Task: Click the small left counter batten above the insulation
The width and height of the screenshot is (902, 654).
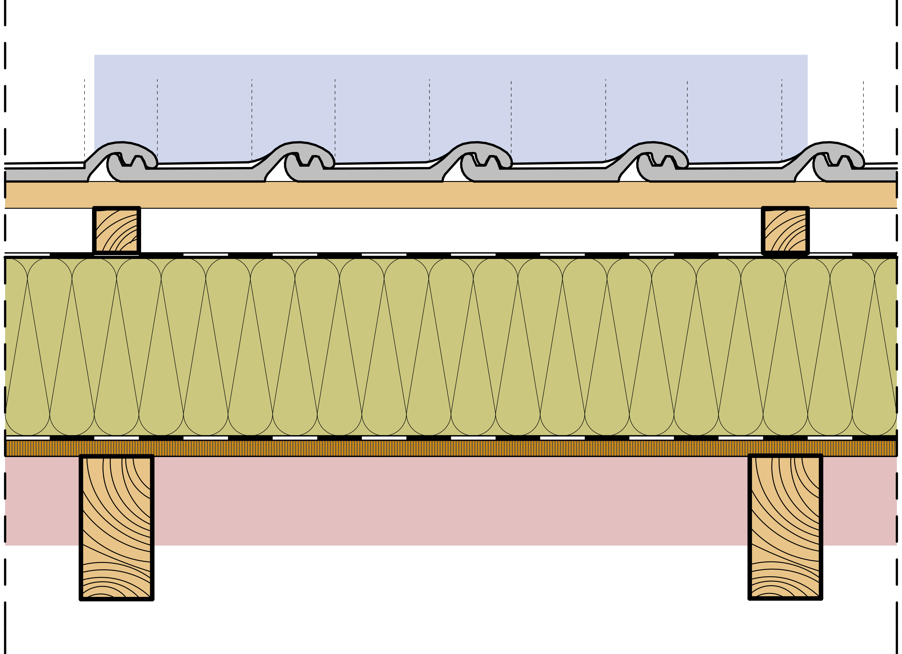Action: tap(117, 231)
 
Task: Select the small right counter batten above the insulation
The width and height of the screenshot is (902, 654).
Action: tap(785, 231)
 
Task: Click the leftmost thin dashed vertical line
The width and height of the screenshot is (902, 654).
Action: tap(84, 119)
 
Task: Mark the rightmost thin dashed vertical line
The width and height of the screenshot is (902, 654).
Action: tap(863, 119)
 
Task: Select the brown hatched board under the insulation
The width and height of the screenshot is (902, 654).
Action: tap(449, 448)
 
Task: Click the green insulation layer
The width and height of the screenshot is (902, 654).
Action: tap(449, 346)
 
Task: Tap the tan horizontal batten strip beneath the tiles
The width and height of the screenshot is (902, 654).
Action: tap(449, 195)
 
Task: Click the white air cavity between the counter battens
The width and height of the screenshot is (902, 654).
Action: tap(449, 231)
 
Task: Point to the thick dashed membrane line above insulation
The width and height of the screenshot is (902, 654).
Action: tap(449, 255)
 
